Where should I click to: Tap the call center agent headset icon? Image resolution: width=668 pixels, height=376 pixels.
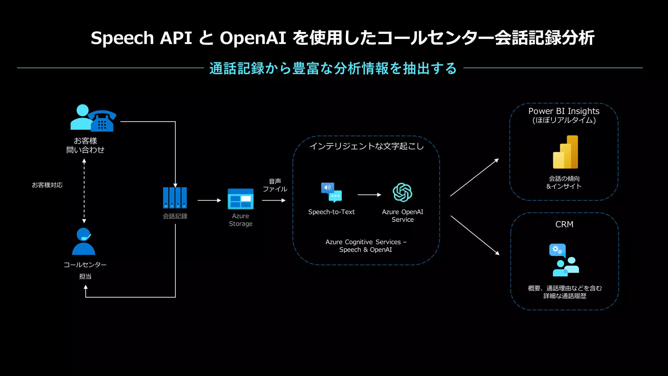[83, 241]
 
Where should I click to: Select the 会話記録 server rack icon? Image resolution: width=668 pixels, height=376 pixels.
[175, 198]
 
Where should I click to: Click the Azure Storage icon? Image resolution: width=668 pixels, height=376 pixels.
[240, 199]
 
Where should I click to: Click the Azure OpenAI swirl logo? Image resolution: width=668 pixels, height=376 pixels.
[402, 192]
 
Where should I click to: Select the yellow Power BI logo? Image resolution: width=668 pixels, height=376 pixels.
[566, 152]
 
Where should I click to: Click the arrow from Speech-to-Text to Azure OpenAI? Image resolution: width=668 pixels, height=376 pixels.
[369, 195]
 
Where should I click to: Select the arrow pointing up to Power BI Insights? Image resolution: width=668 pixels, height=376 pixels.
[475, 177]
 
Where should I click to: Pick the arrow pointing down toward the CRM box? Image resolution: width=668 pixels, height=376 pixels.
[475, 235]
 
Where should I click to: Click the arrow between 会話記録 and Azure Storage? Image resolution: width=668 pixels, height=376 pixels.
[209, 200]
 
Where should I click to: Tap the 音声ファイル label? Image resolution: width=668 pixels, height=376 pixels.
[275, 185]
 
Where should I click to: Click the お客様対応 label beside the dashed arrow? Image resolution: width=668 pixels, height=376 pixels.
[47, 185]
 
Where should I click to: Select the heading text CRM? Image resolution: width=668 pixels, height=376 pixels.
[564, 224]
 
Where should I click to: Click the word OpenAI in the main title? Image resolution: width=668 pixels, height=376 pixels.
[253, 38]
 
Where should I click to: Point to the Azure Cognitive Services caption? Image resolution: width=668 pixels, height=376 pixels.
[366, 246]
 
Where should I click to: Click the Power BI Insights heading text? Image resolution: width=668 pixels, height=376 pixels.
[564, 111]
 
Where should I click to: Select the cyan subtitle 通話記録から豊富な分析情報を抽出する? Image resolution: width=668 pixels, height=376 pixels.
[333, 68]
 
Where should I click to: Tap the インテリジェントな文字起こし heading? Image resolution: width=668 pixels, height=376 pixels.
[366, 146]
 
